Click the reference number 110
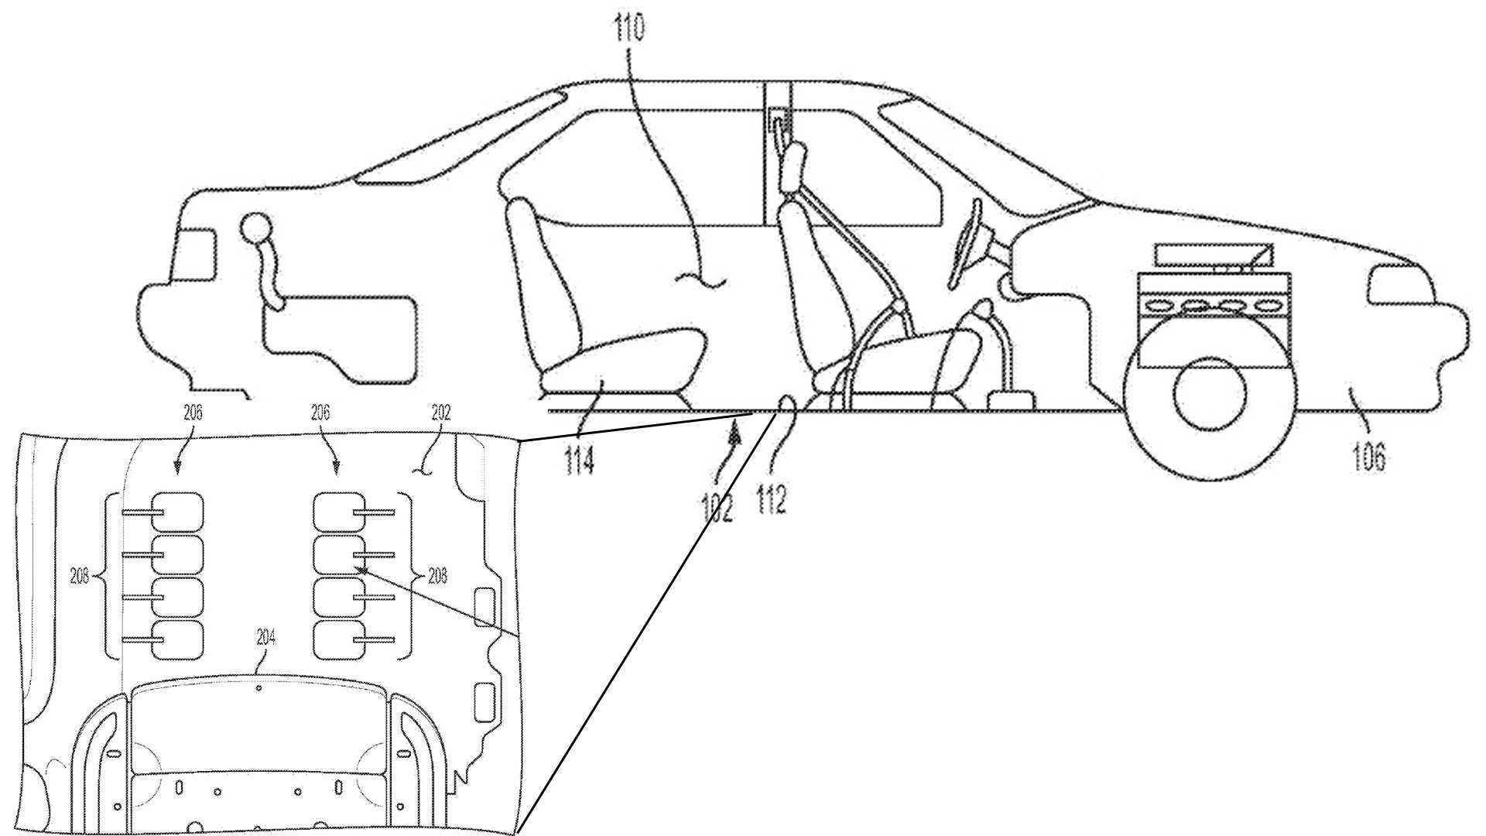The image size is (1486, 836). (628, 29)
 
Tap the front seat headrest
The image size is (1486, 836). (791, 170)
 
